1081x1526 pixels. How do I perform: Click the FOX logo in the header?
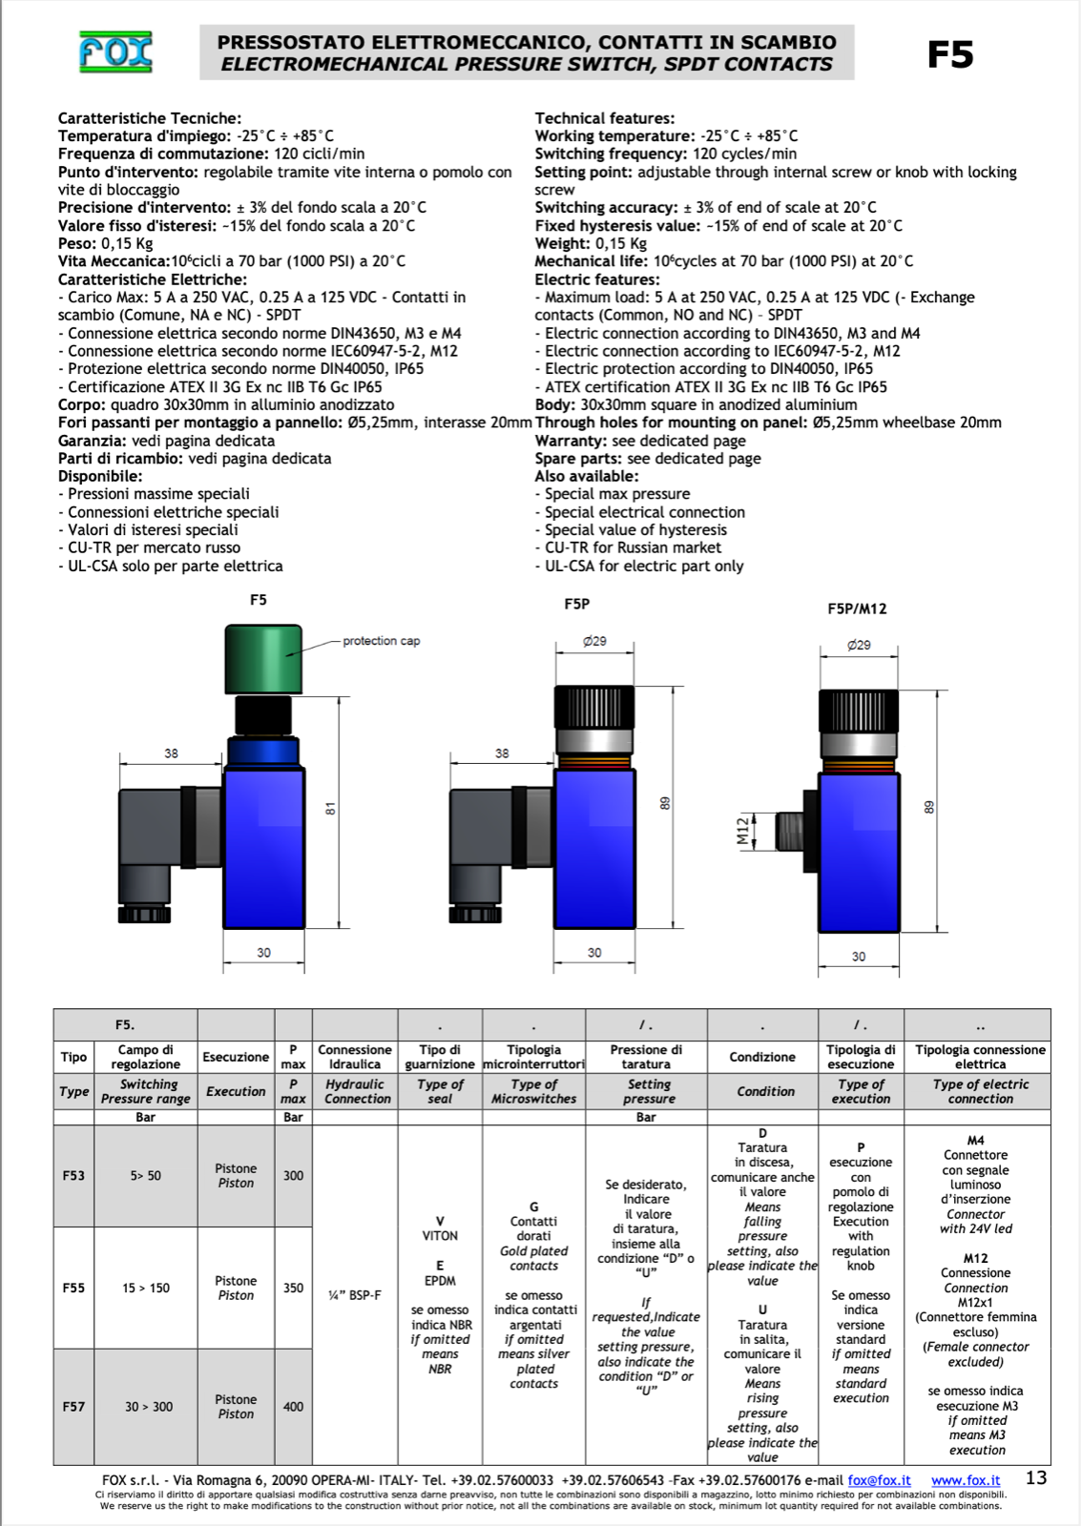pos(115,52)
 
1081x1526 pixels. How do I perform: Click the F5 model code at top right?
pos(949,54)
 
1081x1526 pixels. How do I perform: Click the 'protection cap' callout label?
pos(381,641)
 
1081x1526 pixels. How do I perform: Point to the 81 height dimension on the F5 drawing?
pos(330,809)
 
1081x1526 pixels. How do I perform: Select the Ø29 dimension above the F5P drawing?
pos(594,641)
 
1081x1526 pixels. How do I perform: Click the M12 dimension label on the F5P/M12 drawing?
pos(743,831)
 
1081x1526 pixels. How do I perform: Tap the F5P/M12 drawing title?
pos(857,608)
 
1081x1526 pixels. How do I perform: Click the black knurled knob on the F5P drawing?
pos(593,707)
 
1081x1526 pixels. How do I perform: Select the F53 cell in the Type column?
pos(73,1176)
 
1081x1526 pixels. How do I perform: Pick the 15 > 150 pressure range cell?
pos(146,1288)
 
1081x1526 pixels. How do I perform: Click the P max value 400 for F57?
pos(293,1406)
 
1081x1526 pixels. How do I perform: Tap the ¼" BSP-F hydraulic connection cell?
pos(355,1295)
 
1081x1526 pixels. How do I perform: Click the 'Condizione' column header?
pos(762,1057)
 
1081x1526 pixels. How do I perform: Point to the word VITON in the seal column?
pos(440,1235)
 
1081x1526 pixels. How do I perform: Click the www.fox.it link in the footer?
pos(966,1480)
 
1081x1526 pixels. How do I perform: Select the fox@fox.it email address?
pos(879,1480)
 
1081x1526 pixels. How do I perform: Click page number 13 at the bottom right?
pos(1035,1477)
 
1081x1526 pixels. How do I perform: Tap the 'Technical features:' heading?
pos(604,118)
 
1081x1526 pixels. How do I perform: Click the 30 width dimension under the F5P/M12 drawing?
pos(859,956)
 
